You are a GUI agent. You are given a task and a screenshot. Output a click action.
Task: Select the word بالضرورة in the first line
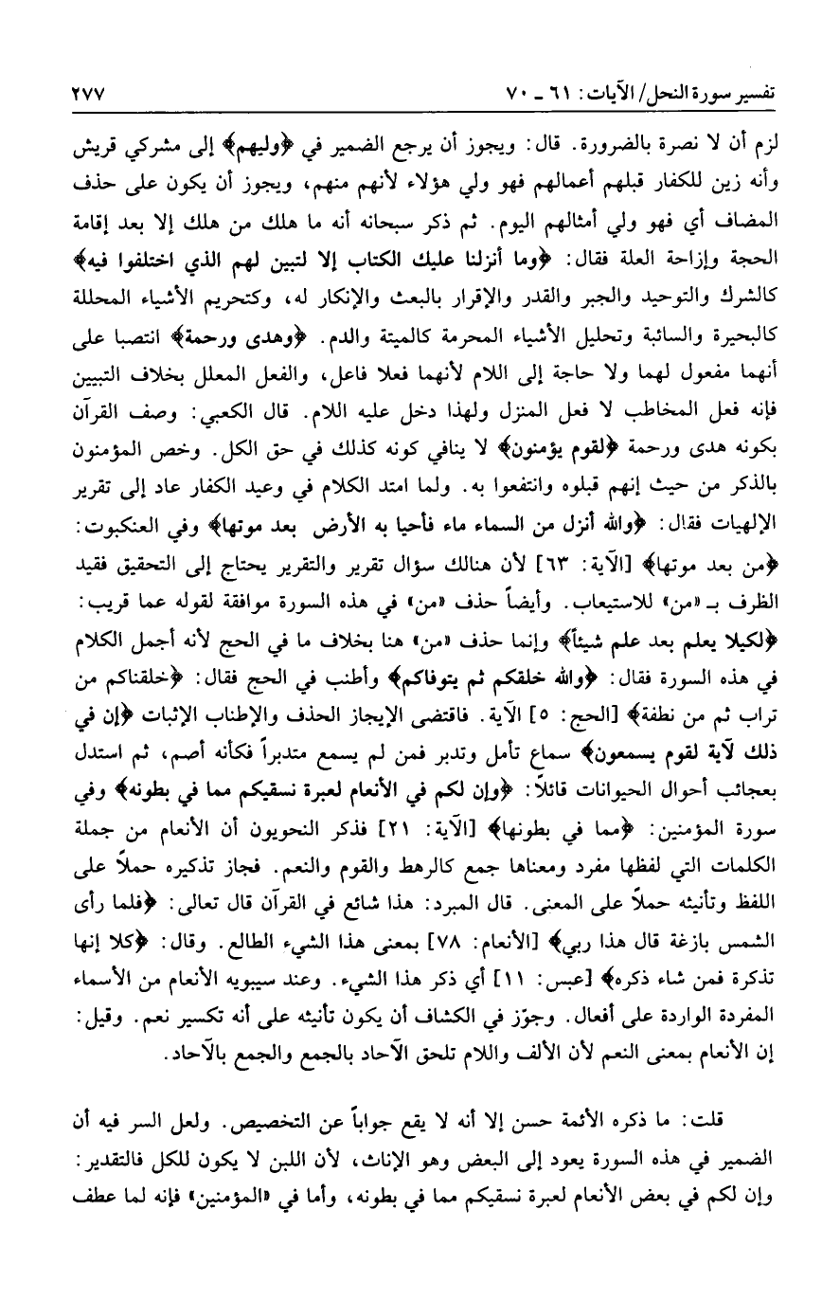pos(616,149)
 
